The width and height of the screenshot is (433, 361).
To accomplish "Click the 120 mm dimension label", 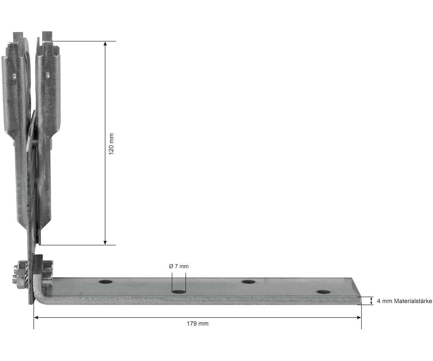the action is pos(111,144).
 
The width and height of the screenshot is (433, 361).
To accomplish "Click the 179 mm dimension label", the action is pos(198,324).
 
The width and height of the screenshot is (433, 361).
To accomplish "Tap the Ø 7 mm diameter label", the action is pos(179,266).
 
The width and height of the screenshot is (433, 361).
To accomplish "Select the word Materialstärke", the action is pos(413,301).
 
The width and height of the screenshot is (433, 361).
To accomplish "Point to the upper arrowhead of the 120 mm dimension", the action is pos(105,43).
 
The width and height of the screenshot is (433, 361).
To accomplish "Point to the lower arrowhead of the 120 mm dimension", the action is pos(105,243).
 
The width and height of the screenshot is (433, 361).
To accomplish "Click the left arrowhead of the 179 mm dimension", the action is pos(36,317).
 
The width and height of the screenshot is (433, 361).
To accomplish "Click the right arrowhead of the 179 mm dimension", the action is pos(359,317).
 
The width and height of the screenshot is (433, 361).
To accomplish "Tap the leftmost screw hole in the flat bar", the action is pos(106,282).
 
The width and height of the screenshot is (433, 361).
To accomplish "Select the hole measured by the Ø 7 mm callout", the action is pos(179,292).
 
